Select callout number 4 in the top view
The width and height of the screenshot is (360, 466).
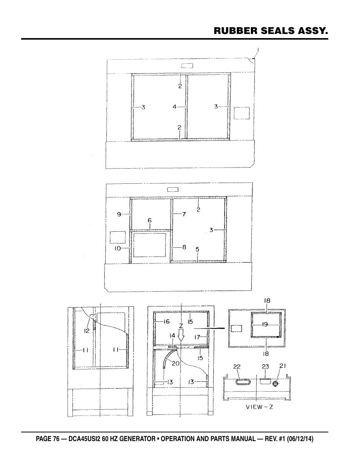click(x=174, y=107)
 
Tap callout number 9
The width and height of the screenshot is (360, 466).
click(x=119, y=214)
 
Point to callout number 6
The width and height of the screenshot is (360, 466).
click(x=150, y=220)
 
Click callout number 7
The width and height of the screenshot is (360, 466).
click(x=184, y=214)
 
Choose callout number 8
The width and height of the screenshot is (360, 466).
click(x=184, y=248)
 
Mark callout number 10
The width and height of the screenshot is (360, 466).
click(x=118, y=248)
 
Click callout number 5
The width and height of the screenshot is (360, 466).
click(x=197, y=249)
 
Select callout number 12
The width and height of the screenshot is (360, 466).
click(x=87, y=331)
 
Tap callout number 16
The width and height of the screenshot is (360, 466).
click(x=166, y=321)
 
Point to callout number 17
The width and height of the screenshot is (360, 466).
click(x=197, y=337)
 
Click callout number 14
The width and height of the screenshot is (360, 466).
click(x=172, y=335)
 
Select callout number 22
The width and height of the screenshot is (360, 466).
click(x=237, y=367)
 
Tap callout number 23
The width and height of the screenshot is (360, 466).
click(x=265, y=366)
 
